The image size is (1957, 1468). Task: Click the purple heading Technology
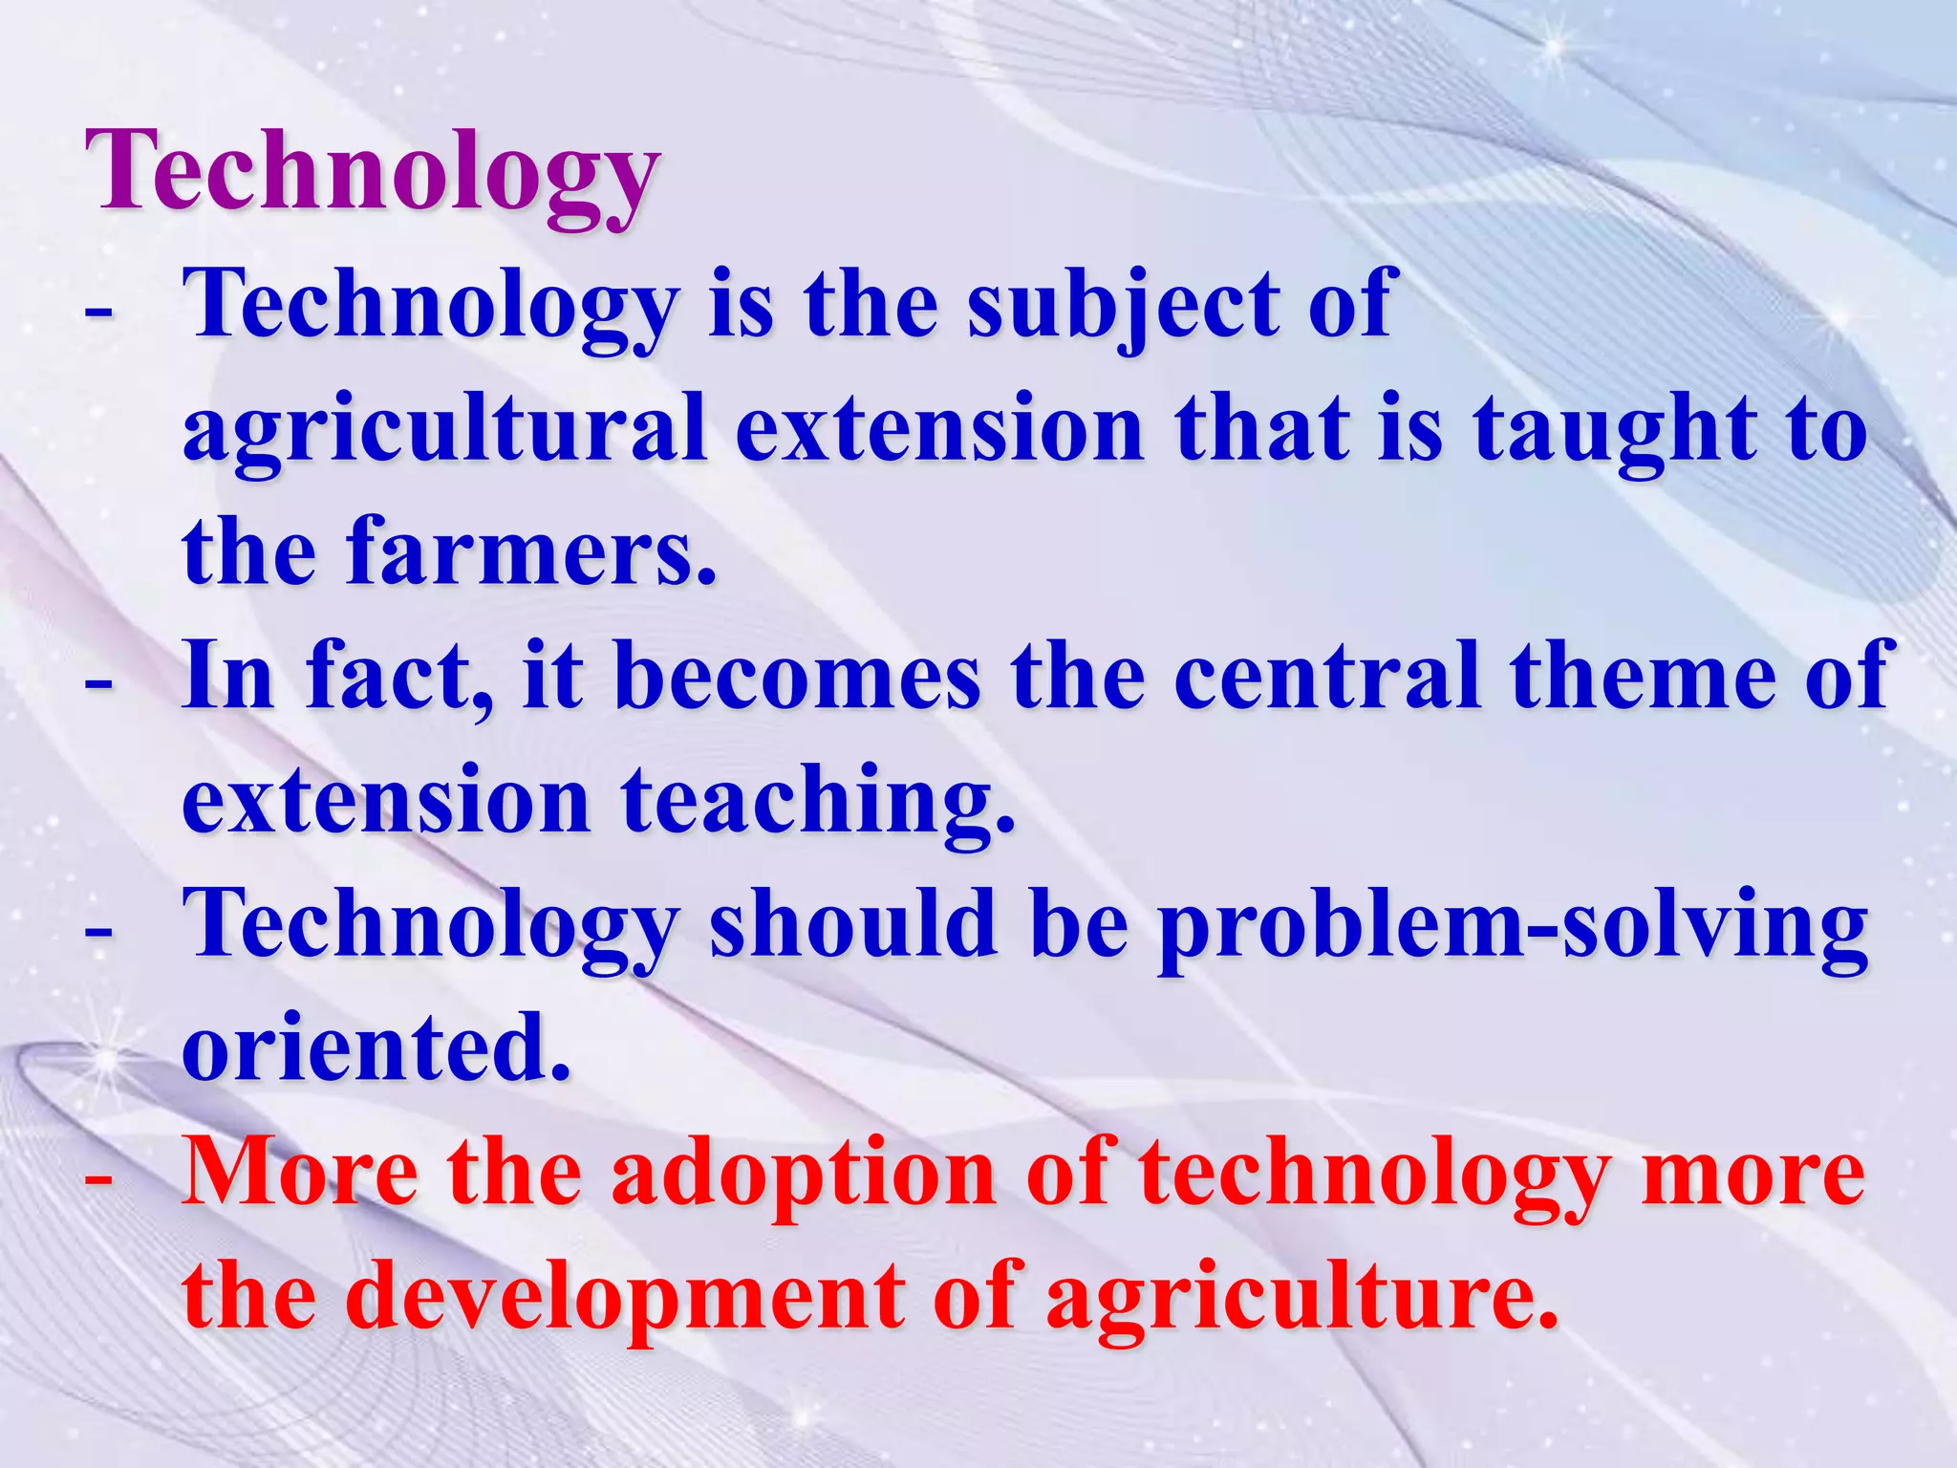373,172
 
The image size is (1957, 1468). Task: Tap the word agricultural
445,428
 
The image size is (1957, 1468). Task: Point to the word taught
1615,428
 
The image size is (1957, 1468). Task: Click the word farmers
531,551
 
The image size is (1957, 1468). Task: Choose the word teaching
818,801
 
